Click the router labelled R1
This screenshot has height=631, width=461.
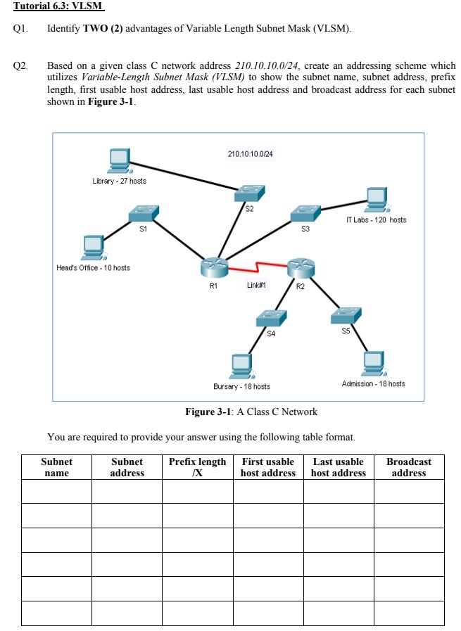point(214,266)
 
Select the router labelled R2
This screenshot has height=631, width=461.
point(301,267)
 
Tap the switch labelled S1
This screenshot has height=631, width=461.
point(144,212)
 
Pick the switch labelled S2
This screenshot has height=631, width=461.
point(250,192)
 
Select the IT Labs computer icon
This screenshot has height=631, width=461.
point(376,200)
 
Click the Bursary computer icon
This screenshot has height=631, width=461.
point(242,365)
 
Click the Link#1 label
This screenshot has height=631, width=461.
point(256,285)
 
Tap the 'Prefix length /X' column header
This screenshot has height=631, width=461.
point(198,467)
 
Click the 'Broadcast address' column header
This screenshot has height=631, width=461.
point(409,467)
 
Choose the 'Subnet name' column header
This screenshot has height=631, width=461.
point(57,467)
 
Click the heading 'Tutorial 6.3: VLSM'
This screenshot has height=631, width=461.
point(53,6)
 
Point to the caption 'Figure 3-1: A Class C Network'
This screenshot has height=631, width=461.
point(251,412)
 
